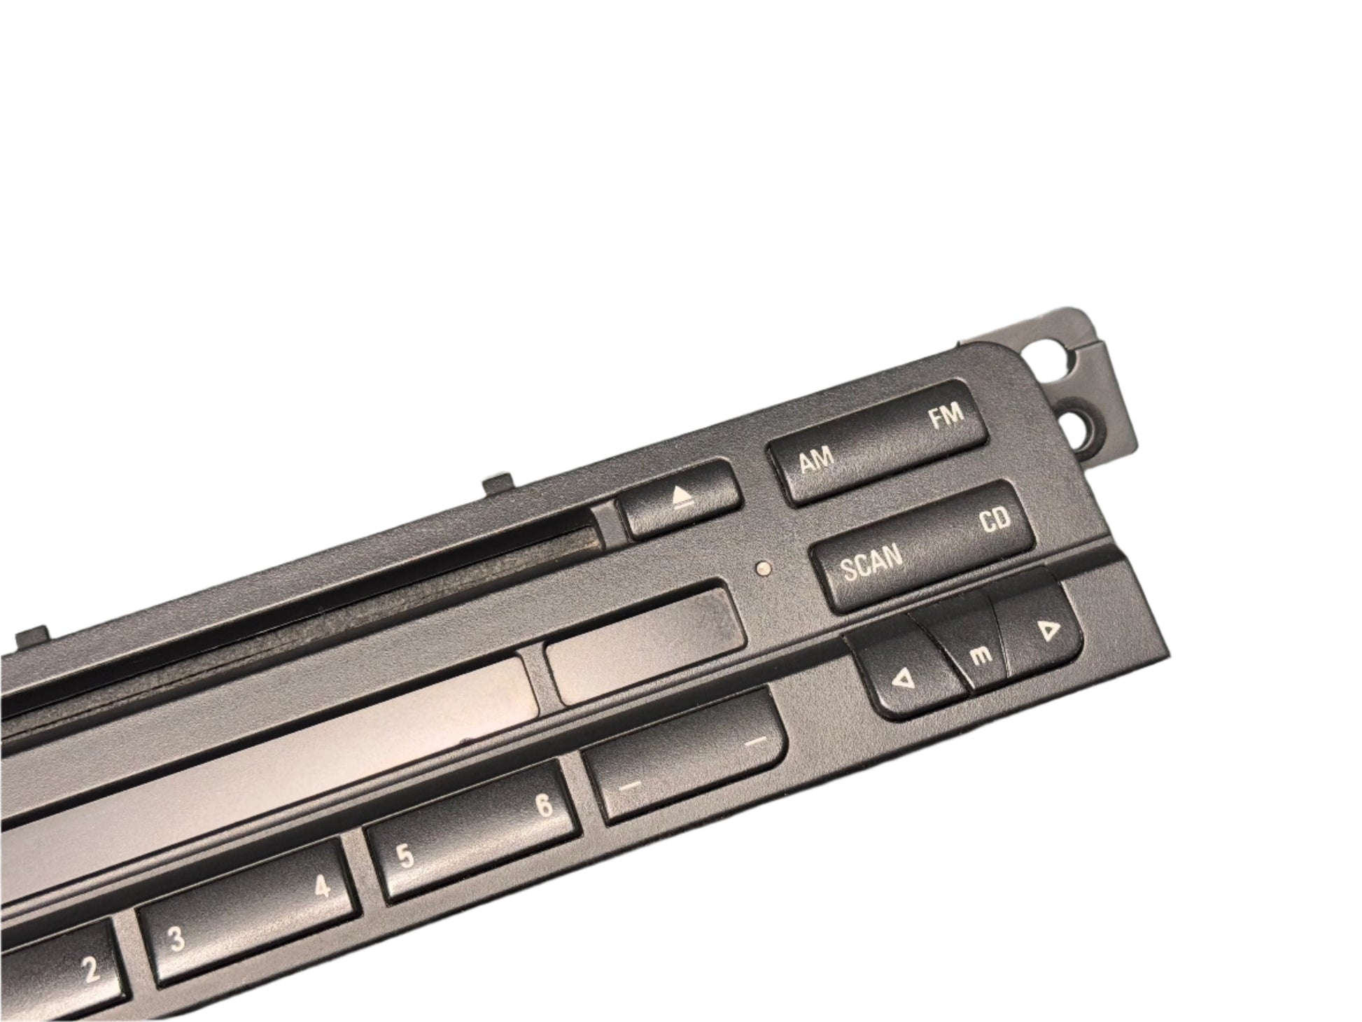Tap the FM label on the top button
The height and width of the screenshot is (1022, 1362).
(x=946, y=416)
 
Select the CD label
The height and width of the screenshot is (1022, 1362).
(x=993, y=521)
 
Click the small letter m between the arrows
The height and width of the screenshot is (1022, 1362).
(x=982, y=655)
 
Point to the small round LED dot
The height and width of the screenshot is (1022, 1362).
(x=766, y=569)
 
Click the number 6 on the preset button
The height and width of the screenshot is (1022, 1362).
(x=545, y=806)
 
